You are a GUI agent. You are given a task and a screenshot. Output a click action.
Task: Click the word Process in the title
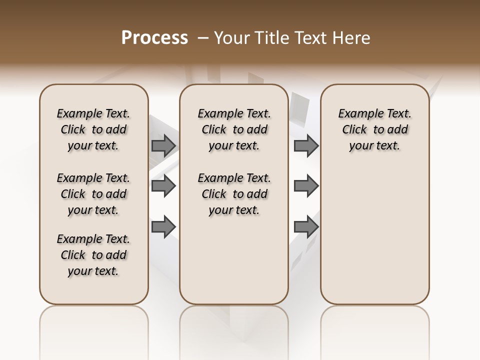coord(154,38)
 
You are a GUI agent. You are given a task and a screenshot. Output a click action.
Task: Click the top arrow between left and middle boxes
coord(163,145)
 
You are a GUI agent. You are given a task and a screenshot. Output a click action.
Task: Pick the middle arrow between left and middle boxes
coord(163,186)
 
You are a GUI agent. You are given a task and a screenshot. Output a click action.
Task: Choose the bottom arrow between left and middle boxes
coord(163,226)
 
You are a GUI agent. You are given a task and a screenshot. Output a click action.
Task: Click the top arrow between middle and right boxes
coord(306,145)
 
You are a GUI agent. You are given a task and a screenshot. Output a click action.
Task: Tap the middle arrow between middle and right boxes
coord(306,186)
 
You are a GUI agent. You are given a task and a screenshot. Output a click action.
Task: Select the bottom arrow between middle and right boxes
coord(306,226)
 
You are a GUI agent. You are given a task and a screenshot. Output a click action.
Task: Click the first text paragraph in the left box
coord(93,129)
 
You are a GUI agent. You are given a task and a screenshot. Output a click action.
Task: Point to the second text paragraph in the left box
coord(93,194)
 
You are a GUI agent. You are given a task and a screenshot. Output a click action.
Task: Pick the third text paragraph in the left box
coord(93,255)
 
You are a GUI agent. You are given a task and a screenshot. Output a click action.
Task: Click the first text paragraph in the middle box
coord(234,129)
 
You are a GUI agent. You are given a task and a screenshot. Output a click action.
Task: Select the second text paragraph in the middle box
coord(234,194)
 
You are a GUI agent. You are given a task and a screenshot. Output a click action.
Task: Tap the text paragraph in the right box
coord(375,129)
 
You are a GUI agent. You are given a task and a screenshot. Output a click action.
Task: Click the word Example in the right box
coord(357,114)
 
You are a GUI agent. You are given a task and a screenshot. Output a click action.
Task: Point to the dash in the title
coord(203,38)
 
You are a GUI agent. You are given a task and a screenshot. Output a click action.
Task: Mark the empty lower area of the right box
coord(375,240)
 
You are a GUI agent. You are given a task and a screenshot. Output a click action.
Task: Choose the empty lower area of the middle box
coord(234,265)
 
